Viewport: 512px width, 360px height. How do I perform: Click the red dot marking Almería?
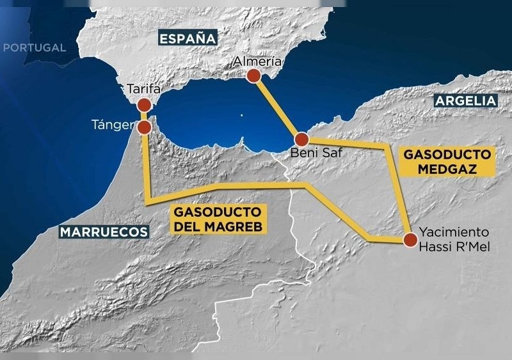pos(253,76)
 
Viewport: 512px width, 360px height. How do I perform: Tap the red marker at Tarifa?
pos(144,105)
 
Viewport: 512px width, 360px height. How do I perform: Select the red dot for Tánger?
pos(144,127)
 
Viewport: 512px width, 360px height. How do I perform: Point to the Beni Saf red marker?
pos(301,139)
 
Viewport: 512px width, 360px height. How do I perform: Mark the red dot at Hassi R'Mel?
pos(410,240)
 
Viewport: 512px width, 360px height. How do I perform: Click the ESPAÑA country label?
pos(188,39)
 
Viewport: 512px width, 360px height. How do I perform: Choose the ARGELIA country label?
pos(465,100)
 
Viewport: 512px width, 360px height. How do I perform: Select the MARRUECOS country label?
pos(104,231)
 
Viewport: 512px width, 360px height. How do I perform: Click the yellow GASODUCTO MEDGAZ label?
pos(448,162)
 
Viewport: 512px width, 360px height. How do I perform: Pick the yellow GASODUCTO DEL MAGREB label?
pos(218,219)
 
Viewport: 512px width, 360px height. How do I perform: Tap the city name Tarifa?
pos(144,89)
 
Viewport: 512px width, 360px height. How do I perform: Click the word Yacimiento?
pos(454,232)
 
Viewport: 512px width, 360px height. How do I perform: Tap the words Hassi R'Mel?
pos(454,246)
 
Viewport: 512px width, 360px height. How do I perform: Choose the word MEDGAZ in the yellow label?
pos(449,168)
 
